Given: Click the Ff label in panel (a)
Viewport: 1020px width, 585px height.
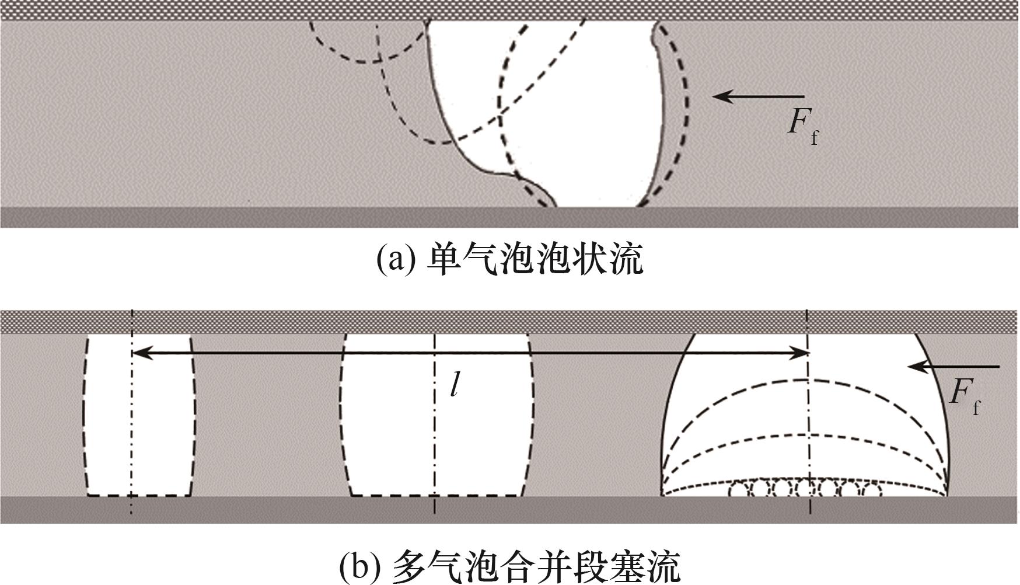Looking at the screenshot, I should pos(803,126).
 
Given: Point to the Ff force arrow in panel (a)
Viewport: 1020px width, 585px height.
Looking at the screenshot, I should pos(759,96).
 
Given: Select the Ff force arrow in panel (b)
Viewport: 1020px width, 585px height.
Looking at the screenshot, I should pos(953,367).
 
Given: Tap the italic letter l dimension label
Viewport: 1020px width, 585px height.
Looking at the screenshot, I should pos(454,384).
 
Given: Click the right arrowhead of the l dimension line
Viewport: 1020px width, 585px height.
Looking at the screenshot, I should pos(802,353).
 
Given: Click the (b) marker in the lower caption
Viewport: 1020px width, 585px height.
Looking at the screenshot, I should pos(358,565).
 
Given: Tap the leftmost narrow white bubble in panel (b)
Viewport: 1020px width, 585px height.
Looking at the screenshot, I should pos(140,415).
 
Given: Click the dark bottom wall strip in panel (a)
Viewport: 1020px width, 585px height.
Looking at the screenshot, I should pos(510,217).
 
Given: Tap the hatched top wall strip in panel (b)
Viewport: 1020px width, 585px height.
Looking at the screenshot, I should pos(510,321).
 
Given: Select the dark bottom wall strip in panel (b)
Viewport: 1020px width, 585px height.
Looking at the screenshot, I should pos(510,509).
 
